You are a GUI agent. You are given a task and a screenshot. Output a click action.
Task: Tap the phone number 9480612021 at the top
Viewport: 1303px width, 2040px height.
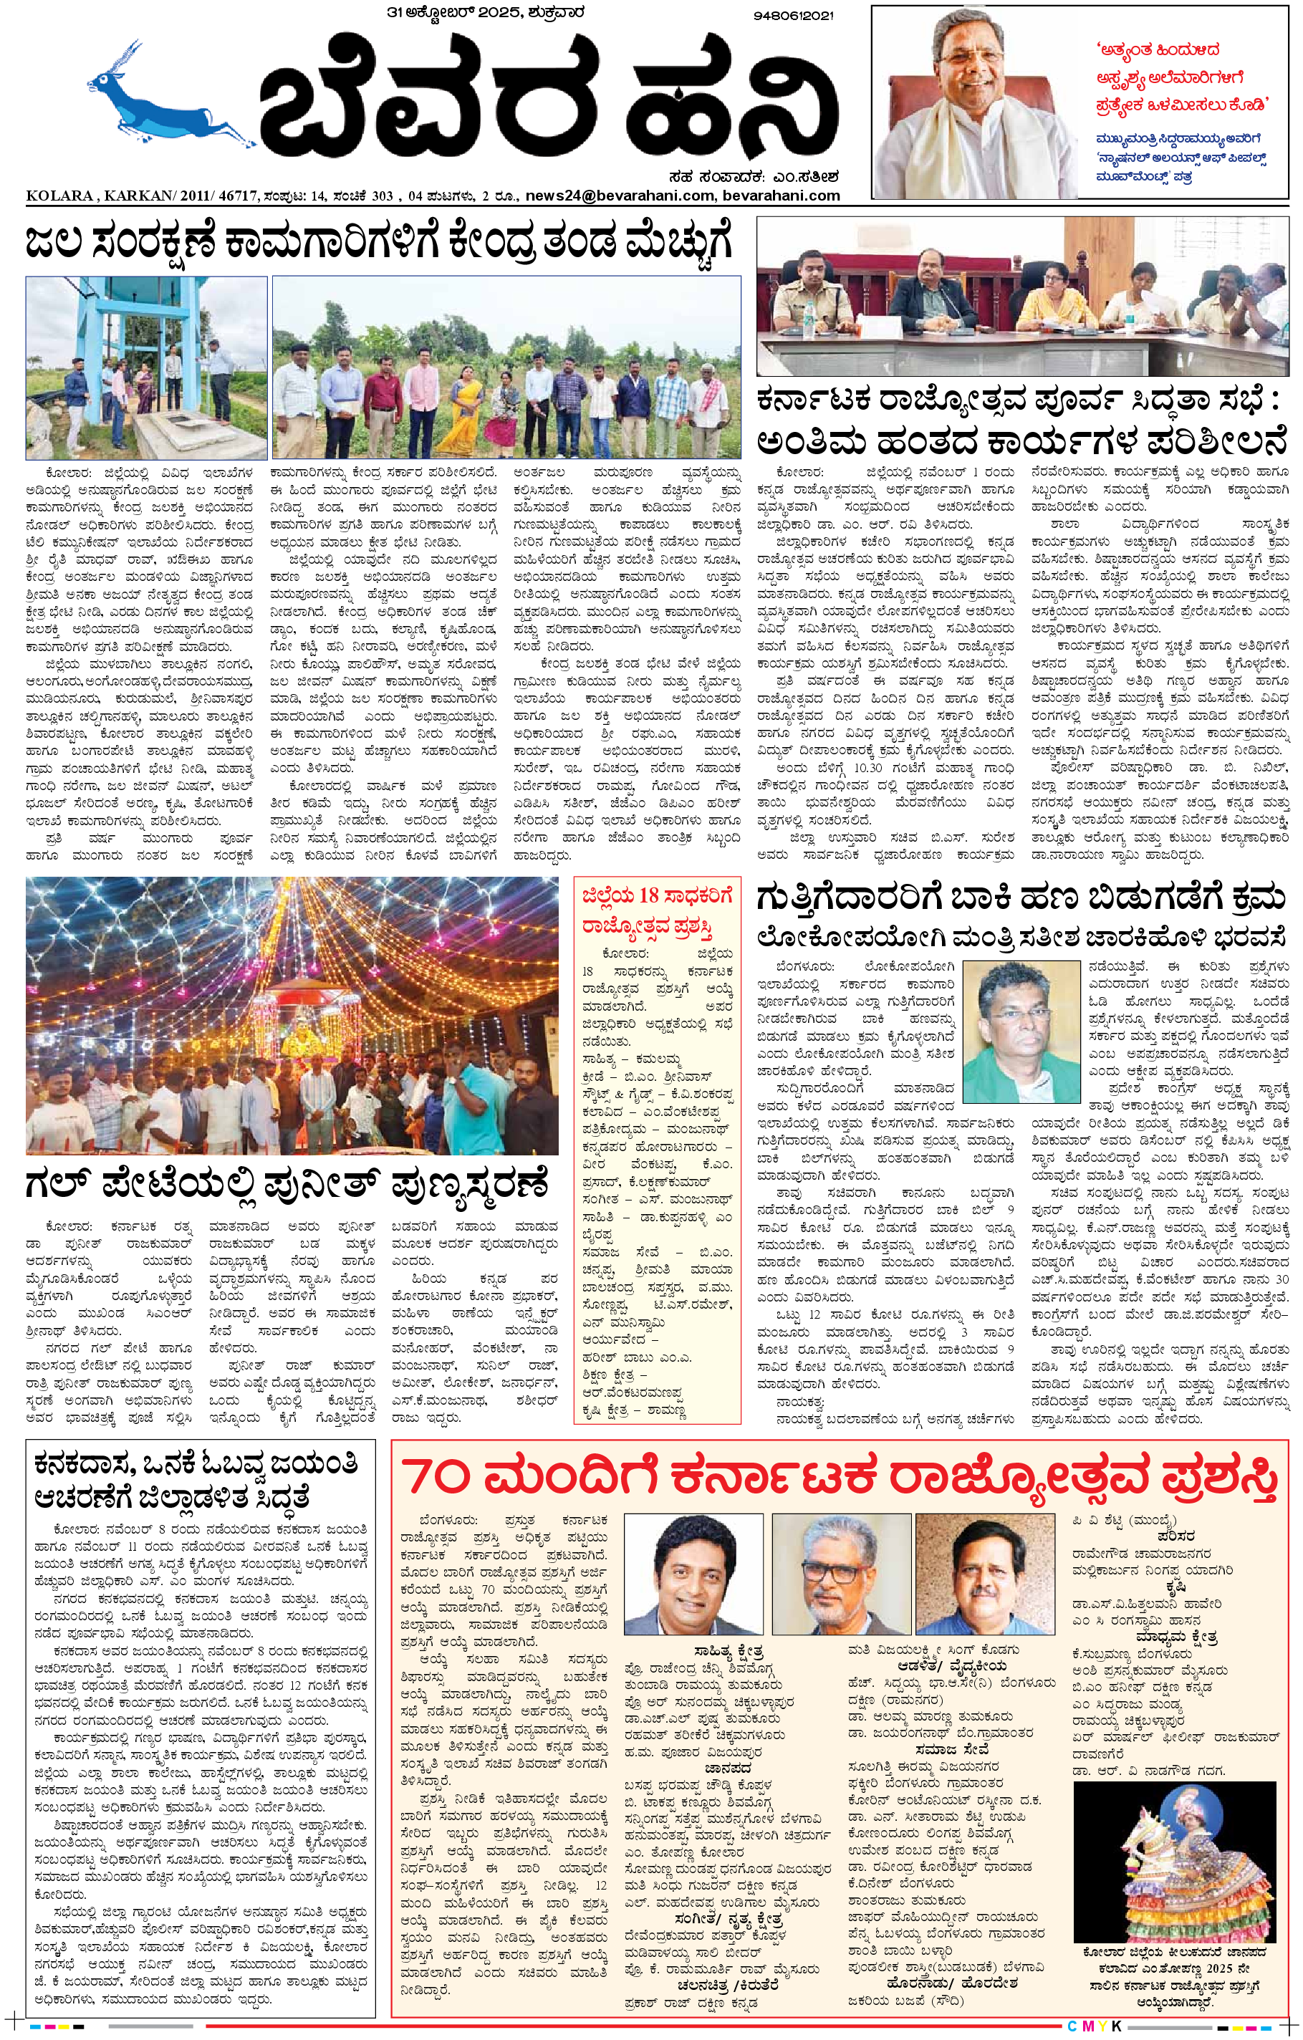(792, 15)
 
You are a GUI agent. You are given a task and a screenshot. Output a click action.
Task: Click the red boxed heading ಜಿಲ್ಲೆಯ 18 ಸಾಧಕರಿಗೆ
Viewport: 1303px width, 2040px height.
(657, 895)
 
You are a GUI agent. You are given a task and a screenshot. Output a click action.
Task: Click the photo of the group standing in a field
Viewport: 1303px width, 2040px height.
(506, 367)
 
